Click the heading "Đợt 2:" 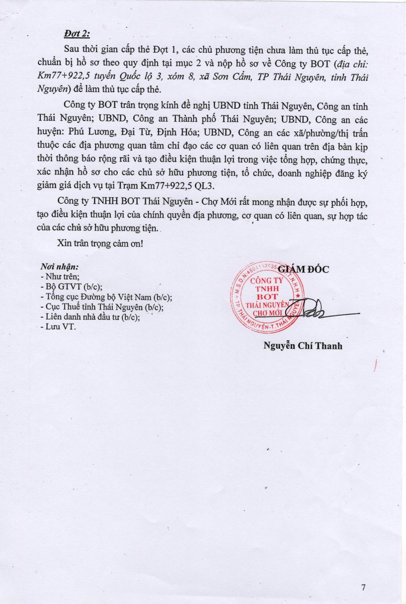(x=76, y=34)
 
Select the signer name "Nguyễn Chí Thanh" (x=303, y=346)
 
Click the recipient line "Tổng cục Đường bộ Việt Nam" (x=105, y=296)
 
